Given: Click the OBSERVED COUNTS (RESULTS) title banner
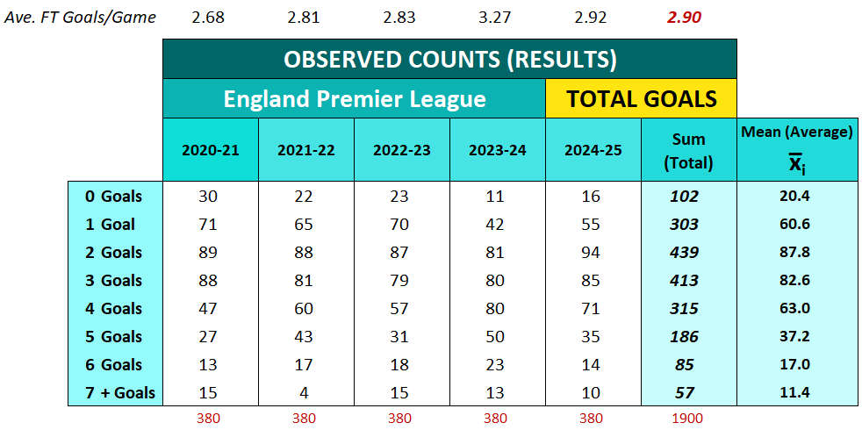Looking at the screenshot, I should pos(449,60).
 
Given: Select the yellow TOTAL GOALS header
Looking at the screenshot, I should pos(641,98).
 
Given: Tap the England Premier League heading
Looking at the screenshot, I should pos(354,98).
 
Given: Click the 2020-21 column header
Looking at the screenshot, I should pos(210,150).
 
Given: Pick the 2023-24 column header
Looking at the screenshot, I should pos(497,150).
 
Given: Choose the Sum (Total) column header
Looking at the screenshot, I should pos(689,150).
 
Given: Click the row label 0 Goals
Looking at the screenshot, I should pos(113,196).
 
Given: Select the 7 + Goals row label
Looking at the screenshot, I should pos(113,392).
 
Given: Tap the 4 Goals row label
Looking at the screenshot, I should pos(113,308).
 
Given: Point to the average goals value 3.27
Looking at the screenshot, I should pos(498,18).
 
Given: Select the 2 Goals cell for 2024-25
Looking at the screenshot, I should pos(593,252).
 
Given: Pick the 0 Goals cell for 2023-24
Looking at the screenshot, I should pos(498,196).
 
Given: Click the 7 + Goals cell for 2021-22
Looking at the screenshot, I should pos(305,392).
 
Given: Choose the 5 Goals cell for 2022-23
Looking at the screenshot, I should pos(401,336).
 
